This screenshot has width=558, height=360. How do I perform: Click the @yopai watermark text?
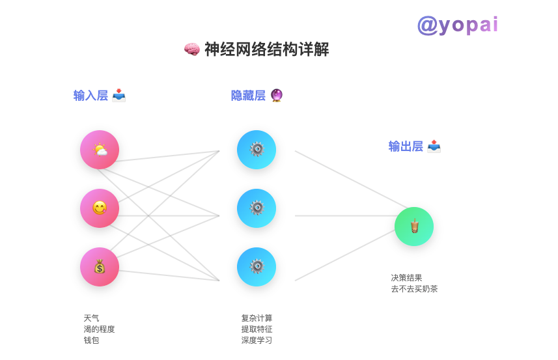[458, 25]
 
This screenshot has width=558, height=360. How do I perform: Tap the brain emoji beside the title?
[191, 49]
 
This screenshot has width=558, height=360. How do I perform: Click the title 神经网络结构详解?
[266, 49]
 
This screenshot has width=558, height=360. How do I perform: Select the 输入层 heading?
[91, 96]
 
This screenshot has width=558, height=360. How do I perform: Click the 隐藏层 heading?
[248, 96]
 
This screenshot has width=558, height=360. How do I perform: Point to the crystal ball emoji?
[277, 96]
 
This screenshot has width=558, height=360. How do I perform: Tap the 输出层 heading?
[406, 146]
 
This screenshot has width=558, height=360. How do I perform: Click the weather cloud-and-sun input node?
[100, 150]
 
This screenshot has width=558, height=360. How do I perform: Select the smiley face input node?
[100, 208]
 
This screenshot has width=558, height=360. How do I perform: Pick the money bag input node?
[100, 267]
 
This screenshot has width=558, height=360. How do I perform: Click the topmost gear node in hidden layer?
[257, 150]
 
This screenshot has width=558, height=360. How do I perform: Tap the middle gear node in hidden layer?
[257, 208]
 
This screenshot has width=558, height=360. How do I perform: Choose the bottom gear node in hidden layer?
[257, 267]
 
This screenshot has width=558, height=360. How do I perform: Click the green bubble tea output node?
[414, 227]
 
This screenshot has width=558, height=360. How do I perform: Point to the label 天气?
[91, 318]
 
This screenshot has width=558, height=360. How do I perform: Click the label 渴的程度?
[99, 329]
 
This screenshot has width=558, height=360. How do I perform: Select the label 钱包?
[91, 340]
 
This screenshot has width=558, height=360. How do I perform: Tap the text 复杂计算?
[257, 318]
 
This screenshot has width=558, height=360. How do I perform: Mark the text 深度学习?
[257, 340]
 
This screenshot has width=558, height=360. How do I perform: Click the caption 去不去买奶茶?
[414, 289]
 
